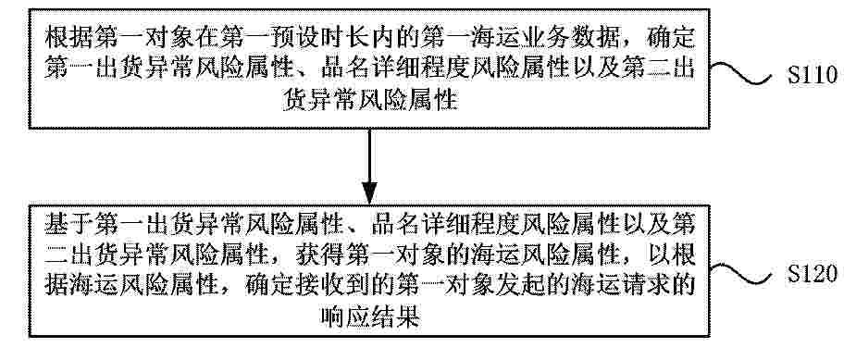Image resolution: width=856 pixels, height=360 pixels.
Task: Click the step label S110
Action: tap(812, 76)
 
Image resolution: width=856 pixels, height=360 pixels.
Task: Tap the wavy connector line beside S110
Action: tap(741, 74)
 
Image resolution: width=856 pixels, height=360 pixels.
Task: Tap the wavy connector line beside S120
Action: tap(741, 273)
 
